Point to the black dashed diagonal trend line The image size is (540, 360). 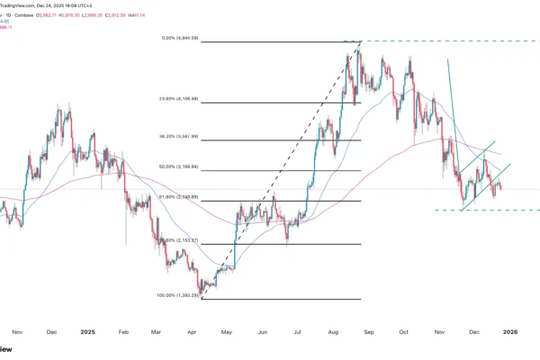[x=279, y=171]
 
